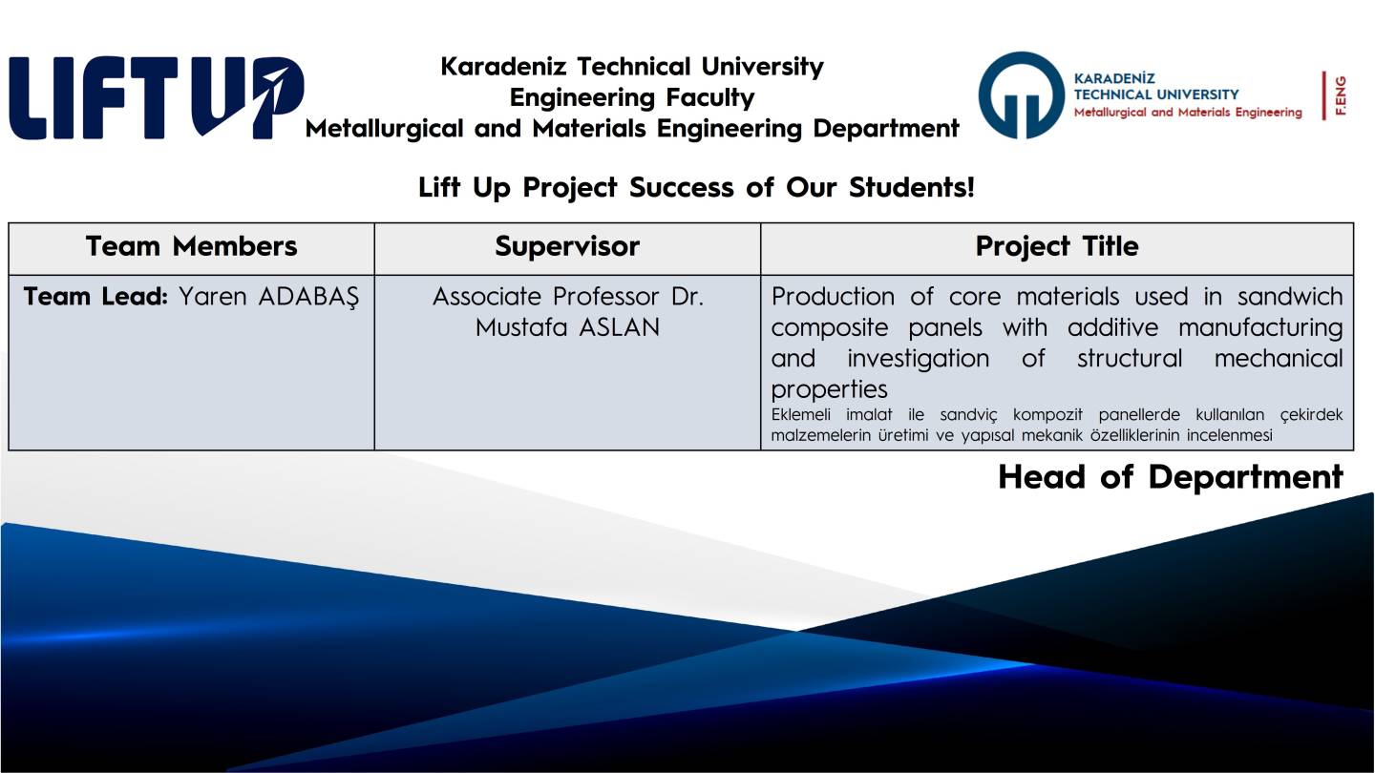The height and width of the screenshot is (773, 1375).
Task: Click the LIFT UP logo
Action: (x=157, y=97)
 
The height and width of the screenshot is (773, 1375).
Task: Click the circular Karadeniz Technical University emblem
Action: (x=1021, y=95)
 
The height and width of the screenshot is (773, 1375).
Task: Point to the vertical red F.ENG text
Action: (x=1341, y=95)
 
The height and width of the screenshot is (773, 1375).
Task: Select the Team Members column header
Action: (x=192, y=246)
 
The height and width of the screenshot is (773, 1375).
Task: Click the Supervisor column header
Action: (x=567, y=246)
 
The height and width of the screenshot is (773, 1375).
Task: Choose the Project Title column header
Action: (x=1057, y=246)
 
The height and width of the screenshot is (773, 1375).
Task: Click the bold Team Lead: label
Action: (x=95, y=296)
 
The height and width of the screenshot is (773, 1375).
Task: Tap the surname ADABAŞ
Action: (x=308, y=298)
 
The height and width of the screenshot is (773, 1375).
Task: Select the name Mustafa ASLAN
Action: (x=568, y=327)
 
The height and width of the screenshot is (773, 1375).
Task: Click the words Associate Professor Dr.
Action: (x=568, y=296)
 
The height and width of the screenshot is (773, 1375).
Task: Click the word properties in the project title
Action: (x=829, y=389)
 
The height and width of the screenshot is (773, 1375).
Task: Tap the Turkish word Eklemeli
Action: (x=800, y=415)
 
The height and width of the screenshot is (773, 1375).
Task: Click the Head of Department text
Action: (x=1171, y=477)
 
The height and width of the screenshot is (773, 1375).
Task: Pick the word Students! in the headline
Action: (x=912, y=187)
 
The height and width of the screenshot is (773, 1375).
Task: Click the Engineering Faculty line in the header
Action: (x=632, y=97)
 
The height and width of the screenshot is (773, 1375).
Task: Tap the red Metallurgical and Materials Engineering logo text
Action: (x=1188, y=113)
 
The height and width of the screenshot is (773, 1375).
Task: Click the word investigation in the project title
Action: (x=919, y=359)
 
